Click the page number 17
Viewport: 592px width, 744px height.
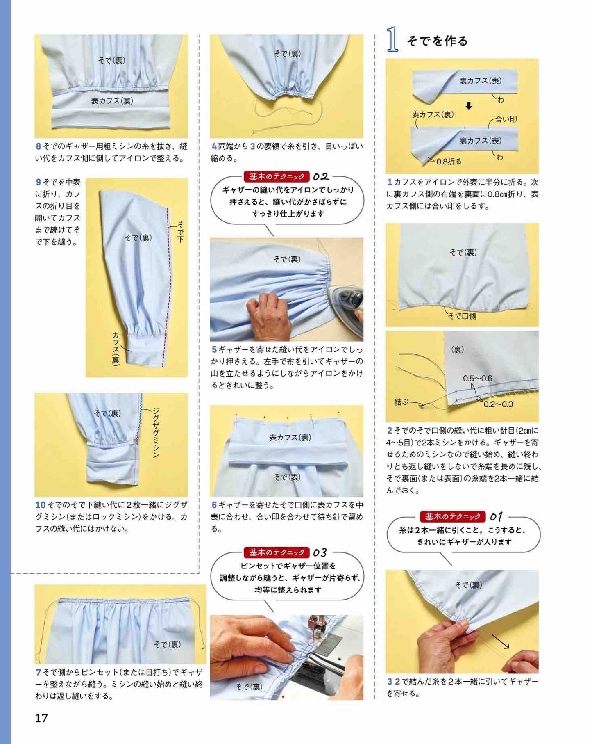click(x=41, y=718)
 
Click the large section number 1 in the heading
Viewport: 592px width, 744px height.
click(x=392, y=40)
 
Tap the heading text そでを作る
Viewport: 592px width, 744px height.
click(x=437, y=41)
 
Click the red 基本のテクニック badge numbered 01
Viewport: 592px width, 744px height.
click(x=452, y=516)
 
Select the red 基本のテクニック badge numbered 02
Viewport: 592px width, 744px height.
click(x=277, y=176)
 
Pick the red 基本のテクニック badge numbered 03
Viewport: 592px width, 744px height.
click(x=277, y=552)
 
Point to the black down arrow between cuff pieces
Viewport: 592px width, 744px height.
click(x=469, y=106)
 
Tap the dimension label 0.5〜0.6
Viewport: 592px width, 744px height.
click(x=477, y=379)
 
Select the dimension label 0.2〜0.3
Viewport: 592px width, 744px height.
click(x=498, y=404)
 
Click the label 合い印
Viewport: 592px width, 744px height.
click(x=506, y=119)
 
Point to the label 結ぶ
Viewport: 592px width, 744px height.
click(x=401, y=402)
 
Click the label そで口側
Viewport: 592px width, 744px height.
click(x=462, y=316)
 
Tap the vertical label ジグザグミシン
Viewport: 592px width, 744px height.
click(x=156, y=433)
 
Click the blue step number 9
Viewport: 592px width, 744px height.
click(x=39, y=182)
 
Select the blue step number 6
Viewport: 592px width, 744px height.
click(x=214, y=505)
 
